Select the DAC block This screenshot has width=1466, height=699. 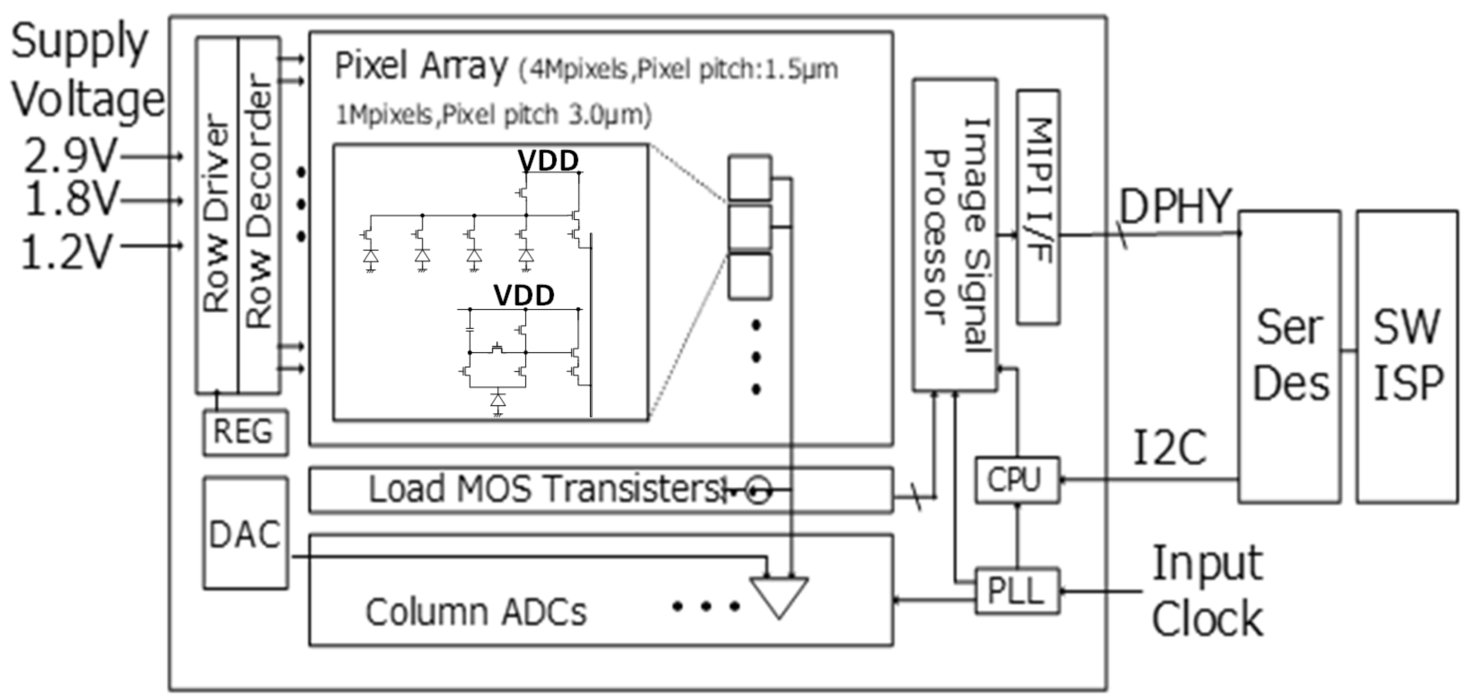tap(245, 533)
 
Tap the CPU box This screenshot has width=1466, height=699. tap(1016, 479)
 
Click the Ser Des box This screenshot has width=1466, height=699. tap(1290, 357)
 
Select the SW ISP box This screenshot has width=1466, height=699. tap(1407, 357)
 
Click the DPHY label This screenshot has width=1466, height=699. tap(1175, 206)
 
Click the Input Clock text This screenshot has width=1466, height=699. tap(1207, 591)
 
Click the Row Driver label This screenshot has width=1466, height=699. tap(217, 213)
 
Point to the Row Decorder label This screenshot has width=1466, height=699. tap(259, 202)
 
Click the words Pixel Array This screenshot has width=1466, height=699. tap(420, 66)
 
